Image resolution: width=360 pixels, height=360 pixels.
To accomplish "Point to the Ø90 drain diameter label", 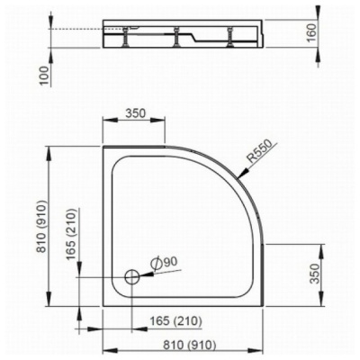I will (166, 262).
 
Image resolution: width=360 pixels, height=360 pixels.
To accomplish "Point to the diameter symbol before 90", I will (156, 262).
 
